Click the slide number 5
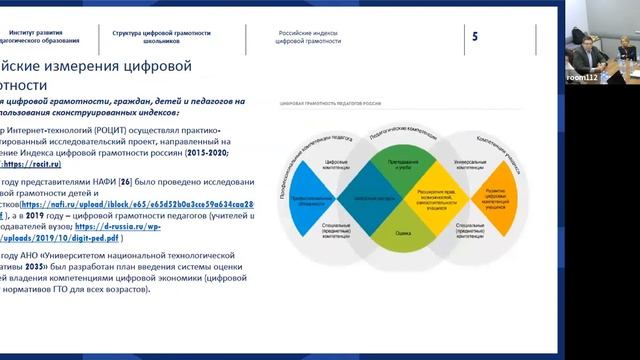(x=475, y=37)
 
